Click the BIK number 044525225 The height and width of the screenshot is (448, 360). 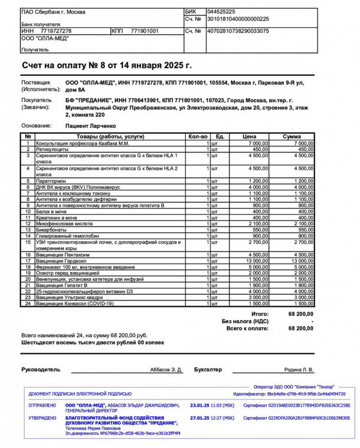221,11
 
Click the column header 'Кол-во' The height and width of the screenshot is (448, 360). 197,136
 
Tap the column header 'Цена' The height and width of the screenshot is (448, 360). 249,136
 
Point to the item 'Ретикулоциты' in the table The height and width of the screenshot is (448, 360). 52,149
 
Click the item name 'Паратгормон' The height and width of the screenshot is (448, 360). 52,181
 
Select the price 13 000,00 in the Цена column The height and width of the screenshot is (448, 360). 255,261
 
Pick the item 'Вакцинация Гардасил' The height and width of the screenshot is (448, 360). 62,261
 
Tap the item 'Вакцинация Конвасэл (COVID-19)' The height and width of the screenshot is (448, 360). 75,303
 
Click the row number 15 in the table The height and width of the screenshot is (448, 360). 28,241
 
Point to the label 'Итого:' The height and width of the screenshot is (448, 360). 260,314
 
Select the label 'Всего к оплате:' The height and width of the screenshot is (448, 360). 248,328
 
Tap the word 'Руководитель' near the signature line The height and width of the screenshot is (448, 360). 40,369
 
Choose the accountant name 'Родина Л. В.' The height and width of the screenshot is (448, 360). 299,370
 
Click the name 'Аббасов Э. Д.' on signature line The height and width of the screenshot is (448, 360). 166,370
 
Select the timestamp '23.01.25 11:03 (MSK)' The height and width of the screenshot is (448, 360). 212,405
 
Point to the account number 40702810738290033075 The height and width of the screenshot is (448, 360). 238,31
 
